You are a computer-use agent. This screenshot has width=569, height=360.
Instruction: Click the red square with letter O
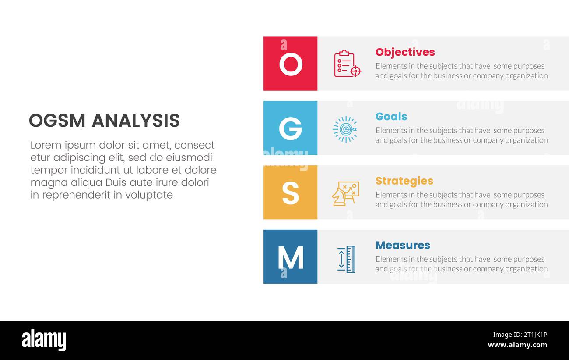[x=290, y=64]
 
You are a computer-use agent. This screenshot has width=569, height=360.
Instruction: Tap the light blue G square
[x=290, y=128]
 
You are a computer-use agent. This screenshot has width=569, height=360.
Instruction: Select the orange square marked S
[x=290, y=192]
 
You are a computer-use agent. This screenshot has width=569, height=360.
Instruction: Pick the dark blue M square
[x=290, y=257]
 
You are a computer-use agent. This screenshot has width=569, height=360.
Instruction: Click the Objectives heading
[x=405, y=52]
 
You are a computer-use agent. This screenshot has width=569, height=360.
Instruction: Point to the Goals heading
[x=391, y=117]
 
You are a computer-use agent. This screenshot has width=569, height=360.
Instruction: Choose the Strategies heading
[x=404, y=181]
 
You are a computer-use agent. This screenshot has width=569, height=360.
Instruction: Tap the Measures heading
[x=403, y=246]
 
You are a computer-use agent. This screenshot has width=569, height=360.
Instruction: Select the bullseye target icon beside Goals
[x=345, y=129]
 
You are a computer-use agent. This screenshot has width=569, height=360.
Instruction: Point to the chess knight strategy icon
[x=345, y=193]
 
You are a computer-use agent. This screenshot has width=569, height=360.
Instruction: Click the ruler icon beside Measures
[x=346, y=259]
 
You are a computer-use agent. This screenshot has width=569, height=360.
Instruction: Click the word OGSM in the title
[x=57, y=121]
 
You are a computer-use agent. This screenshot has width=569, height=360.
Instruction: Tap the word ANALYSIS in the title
[x=136, y=121]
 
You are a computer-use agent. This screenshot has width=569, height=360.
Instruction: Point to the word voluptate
[x=149, y=195]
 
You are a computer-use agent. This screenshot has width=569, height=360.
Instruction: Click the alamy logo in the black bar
[x=44, y=340]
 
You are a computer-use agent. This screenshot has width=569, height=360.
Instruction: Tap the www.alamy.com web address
[x=517, y=345]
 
